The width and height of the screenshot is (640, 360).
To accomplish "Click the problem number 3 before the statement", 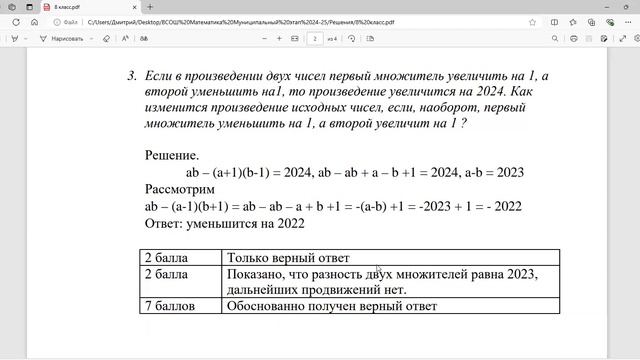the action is (x=131, y=76).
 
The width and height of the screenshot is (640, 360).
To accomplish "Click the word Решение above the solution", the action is (x=171, y=155).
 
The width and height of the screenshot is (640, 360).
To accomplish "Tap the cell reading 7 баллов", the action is (x=170, y=306).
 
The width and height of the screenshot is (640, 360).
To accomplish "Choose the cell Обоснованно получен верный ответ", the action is (x=333, y=306).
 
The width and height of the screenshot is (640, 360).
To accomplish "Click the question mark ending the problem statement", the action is (x=464, y=124).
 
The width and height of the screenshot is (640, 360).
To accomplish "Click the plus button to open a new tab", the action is (x=149, y=7).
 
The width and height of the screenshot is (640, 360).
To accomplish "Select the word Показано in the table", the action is (x=259, y=274).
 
